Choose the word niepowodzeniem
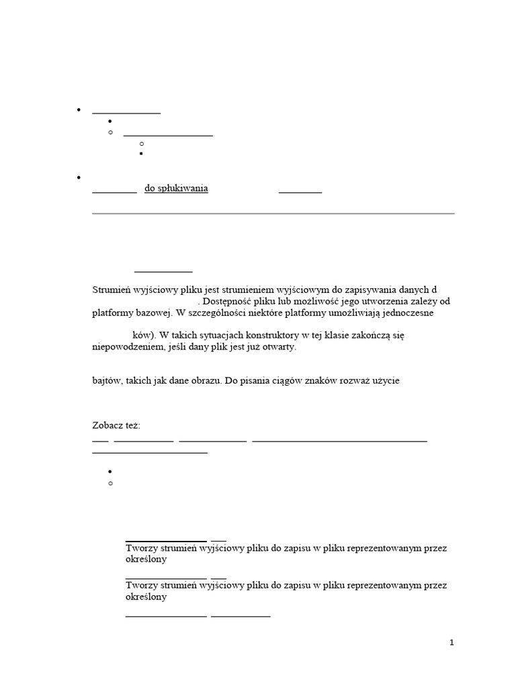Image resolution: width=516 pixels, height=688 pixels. coord(125,347)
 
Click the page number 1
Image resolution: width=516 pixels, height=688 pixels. coord(452,642)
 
